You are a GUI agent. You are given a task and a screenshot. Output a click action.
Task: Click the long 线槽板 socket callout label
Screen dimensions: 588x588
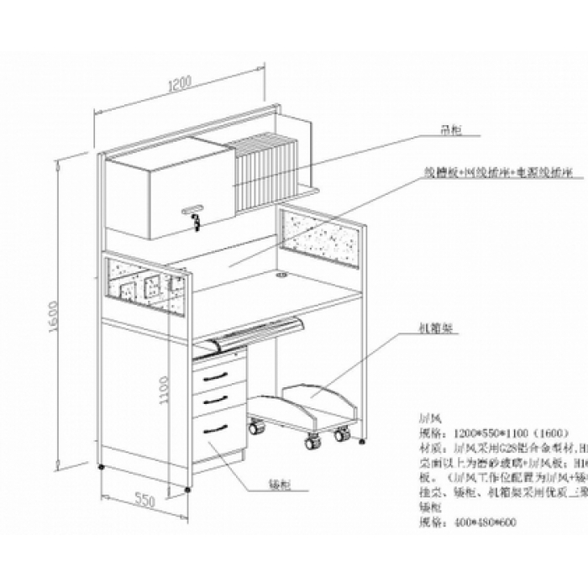tap(497, 171)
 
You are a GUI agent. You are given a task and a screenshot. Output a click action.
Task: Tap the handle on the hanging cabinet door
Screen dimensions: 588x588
tap(194, 207)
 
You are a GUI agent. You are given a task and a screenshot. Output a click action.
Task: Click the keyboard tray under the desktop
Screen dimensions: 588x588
tap(252, 333)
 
